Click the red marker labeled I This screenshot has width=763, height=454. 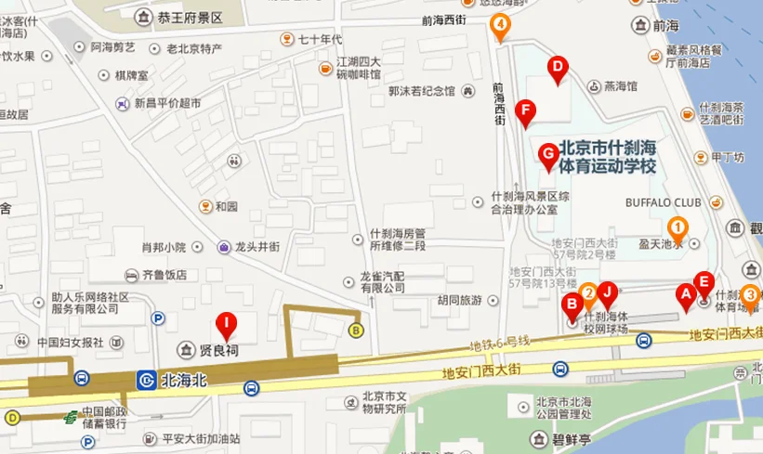pyautogui.click(x=226, y=325)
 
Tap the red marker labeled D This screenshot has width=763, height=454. pyautogui.click(x=558, y=67)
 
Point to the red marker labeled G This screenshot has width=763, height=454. pyautogui.click(x=548, y=152)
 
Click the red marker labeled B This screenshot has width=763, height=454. pyautogui.click(x=572, y=303)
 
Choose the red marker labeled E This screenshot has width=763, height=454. pyautogui.click(x=704, y=282)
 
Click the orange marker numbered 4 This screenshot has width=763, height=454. pyautogui.click(x=501, y=25)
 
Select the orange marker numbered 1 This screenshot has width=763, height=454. pyautogui.click(x=679, y=227)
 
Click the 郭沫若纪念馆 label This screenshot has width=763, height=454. pyautogui.click(x=422, y=91)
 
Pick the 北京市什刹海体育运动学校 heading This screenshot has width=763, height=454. pyautogui.click(x=609, y=157)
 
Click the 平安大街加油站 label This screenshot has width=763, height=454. pyautogui.click(x=201, y=438)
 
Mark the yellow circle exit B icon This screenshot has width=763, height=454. pyautogui.click(x=355, y=330)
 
